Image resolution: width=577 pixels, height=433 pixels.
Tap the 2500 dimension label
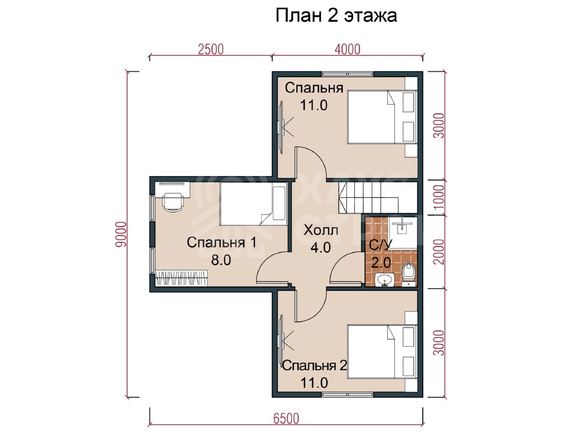click(x=210, y=49)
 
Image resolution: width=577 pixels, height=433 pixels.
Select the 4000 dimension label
click(x=347, y=49)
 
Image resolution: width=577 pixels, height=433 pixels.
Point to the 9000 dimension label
click(x=121, y=234)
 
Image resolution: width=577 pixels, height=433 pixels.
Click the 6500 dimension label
click(x=286, y=418)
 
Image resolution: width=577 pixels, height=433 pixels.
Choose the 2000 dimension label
click(x=439, y=252)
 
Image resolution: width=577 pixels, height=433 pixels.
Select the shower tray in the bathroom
click(x=403, y=233)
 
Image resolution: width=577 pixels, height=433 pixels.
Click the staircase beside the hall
click(x=377, y=198)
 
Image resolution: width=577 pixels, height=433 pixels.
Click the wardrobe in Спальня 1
click(x=182, y=278)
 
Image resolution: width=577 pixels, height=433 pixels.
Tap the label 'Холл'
click(x=321, y=230)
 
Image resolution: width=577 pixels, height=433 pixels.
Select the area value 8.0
click(x=221, y=260)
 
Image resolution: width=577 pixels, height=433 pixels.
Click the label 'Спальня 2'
click(x=315, y=365)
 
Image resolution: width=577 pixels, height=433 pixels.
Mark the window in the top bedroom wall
click(x=347, y=74)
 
